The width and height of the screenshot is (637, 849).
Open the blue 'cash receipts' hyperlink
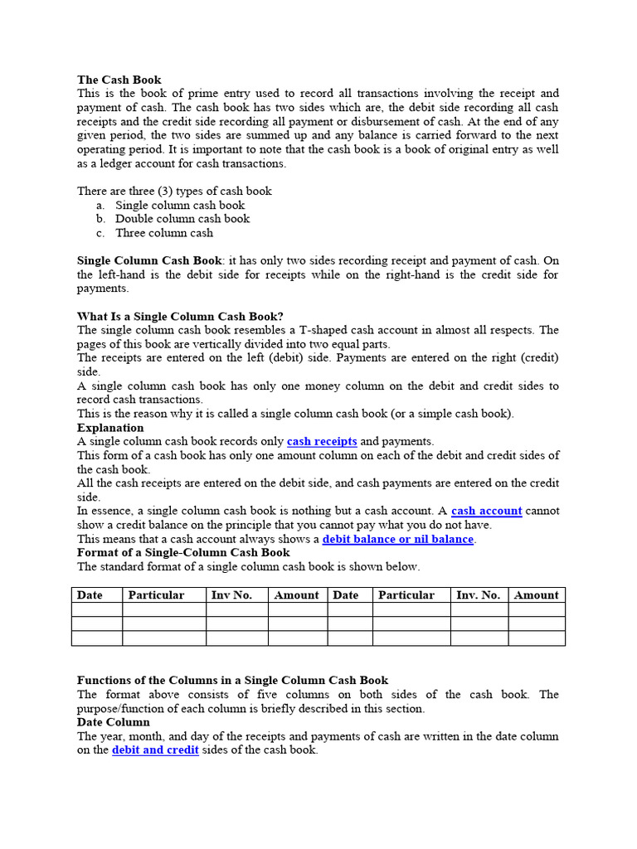[322, 441]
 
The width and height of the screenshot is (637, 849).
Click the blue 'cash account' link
[486, 511]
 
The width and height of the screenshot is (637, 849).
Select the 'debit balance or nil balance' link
[397, 539]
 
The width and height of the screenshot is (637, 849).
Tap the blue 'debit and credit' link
[155, 750]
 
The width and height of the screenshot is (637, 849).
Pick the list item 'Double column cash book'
[182, 219]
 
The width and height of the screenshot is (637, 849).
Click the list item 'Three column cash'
[164, 233]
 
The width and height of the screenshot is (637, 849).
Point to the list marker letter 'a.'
[100, 205]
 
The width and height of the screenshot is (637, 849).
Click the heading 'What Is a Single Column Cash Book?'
[180, 316]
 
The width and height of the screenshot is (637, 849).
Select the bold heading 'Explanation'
[110, 428]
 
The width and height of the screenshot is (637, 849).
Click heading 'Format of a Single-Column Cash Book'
[183, 552]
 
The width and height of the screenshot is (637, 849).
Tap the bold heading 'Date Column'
[114, 722]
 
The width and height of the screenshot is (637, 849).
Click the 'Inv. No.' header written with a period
[478, 594]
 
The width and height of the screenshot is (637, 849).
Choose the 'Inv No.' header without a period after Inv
[231, 594]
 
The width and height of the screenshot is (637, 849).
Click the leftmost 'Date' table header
[90, 594]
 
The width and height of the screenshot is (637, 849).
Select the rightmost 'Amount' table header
[536, 594]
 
